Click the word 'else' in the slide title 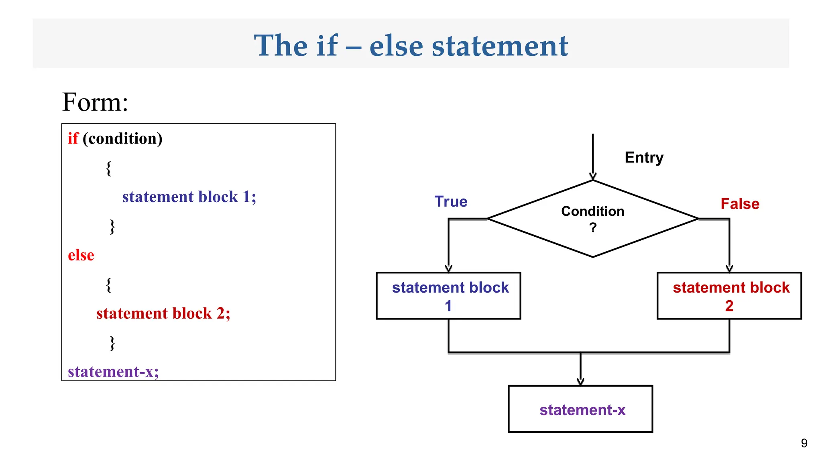pyautogui.click(x=396, y=46)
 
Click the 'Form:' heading pyautogui.click(x=95, y=102)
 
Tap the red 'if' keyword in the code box pyautogui.click(x=73, y=138)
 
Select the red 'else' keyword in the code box pyautogui.click(x=81, y=255)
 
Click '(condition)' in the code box pyautogui.click(x=122, y=139)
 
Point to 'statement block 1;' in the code pyautogui.click(x=189, y=197)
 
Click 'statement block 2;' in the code pyautogui.click(x=163, y=313)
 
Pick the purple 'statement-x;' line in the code pyautogui.click(x=113, y=372)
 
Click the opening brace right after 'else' pyautogui.click(x=108, y=285)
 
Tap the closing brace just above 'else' pyautogui.click(x=112, y=227)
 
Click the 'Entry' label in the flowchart pyautogui.click(x=644, y=158)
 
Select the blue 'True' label pyautogui.click(x=451, y=202)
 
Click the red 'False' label pyautogui.click(x=740, y=204)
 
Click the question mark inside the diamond pyautogui.click(x=593, y=228)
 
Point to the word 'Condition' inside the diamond pyautogui.click(x=592, y=211)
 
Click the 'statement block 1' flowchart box pyautogui.click(x=448, y=296)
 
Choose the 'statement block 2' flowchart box pyautogui.click(x=729, y=296)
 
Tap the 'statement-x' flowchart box pyautogui.click(x=580, y=409)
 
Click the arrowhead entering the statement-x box pyautogui.click(x=580, y=382)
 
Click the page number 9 pyautogui.click(x=804, y=443)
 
